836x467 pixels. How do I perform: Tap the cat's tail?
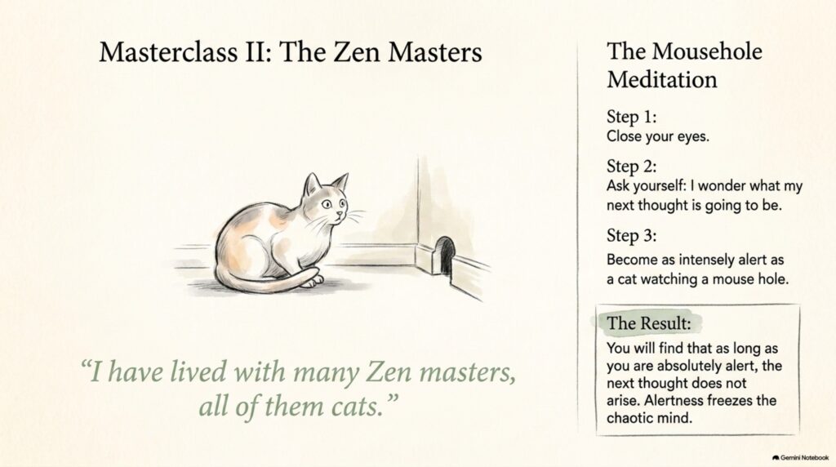pyautogui.click(x=267, y=283)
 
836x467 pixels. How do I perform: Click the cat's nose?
pyautogui.click(x=339, y=213)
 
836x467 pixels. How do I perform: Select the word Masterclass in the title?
pyautogui.click(x=168, y=51)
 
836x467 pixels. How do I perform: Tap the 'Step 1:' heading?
pyautogui.click(x=631, y=116)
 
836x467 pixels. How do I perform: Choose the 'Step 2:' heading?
pyautogui.click(x=631, y=166)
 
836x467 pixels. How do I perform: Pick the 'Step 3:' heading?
pyautogui.click(x=631, y=235)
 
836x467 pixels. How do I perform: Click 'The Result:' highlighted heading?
pyautogui.click(x=648, y=322)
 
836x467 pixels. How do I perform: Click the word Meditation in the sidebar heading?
pyautogui.click(x=661, y=79)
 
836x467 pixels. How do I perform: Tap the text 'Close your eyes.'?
pyautogui.click(x=658, y=136)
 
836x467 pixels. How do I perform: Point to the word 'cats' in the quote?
pyautogui.click(x=358, y=407)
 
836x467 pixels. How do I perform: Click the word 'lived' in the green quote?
pyautogui.click(x=198, y=371)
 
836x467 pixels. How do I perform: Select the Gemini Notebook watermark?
pyautogui.click(x=800, y=457)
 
